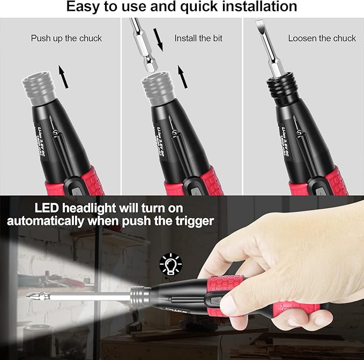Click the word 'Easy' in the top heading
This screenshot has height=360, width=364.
83,6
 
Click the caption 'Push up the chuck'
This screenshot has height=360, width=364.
66,38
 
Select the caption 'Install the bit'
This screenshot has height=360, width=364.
198,38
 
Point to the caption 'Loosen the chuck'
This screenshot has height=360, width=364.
322,38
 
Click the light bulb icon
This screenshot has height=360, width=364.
171,265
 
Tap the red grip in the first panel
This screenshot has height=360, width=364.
88,182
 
